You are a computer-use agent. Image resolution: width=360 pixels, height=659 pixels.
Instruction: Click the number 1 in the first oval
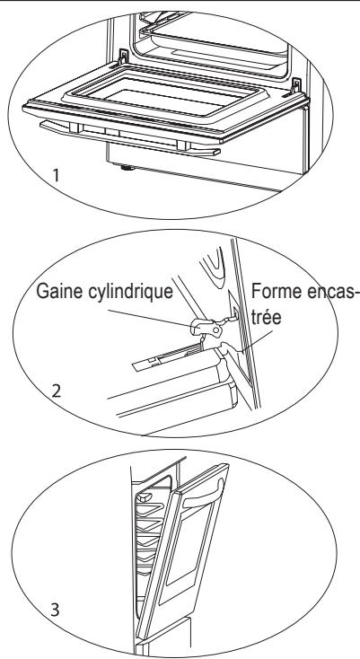(x=56, y=175)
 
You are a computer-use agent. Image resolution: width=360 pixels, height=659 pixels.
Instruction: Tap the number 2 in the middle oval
(x=57, y=391)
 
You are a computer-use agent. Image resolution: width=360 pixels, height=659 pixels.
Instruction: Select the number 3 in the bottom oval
(x=55, y=610)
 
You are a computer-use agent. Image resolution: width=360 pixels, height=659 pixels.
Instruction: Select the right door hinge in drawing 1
(x=296, y=86)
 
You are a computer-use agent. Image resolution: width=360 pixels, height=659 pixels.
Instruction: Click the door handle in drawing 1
(x=130, y=137)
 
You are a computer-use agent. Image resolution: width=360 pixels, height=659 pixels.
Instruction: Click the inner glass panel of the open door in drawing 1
(x=171, y=97)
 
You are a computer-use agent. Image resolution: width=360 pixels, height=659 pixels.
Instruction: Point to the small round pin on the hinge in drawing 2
(x=216, y=330)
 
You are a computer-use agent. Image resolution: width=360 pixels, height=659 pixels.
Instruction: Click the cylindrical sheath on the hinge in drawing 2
(x=206, y=327)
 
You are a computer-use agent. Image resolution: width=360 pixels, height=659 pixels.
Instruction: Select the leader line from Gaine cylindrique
(x=151, y=317)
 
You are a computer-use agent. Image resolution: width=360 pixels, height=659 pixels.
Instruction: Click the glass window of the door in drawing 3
(x=188, y=547)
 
